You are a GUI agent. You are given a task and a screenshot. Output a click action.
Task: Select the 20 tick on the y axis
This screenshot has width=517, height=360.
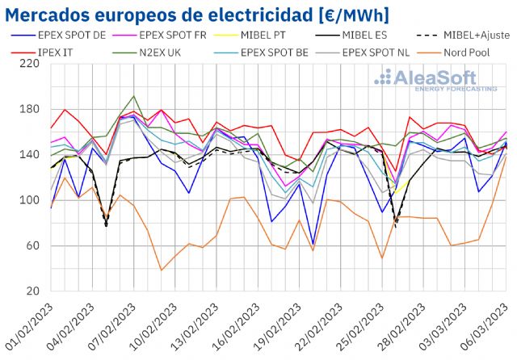pos(32,291)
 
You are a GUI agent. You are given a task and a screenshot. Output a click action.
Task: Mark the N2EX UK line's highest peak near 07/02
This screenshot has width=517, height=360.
pos(133,96)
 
